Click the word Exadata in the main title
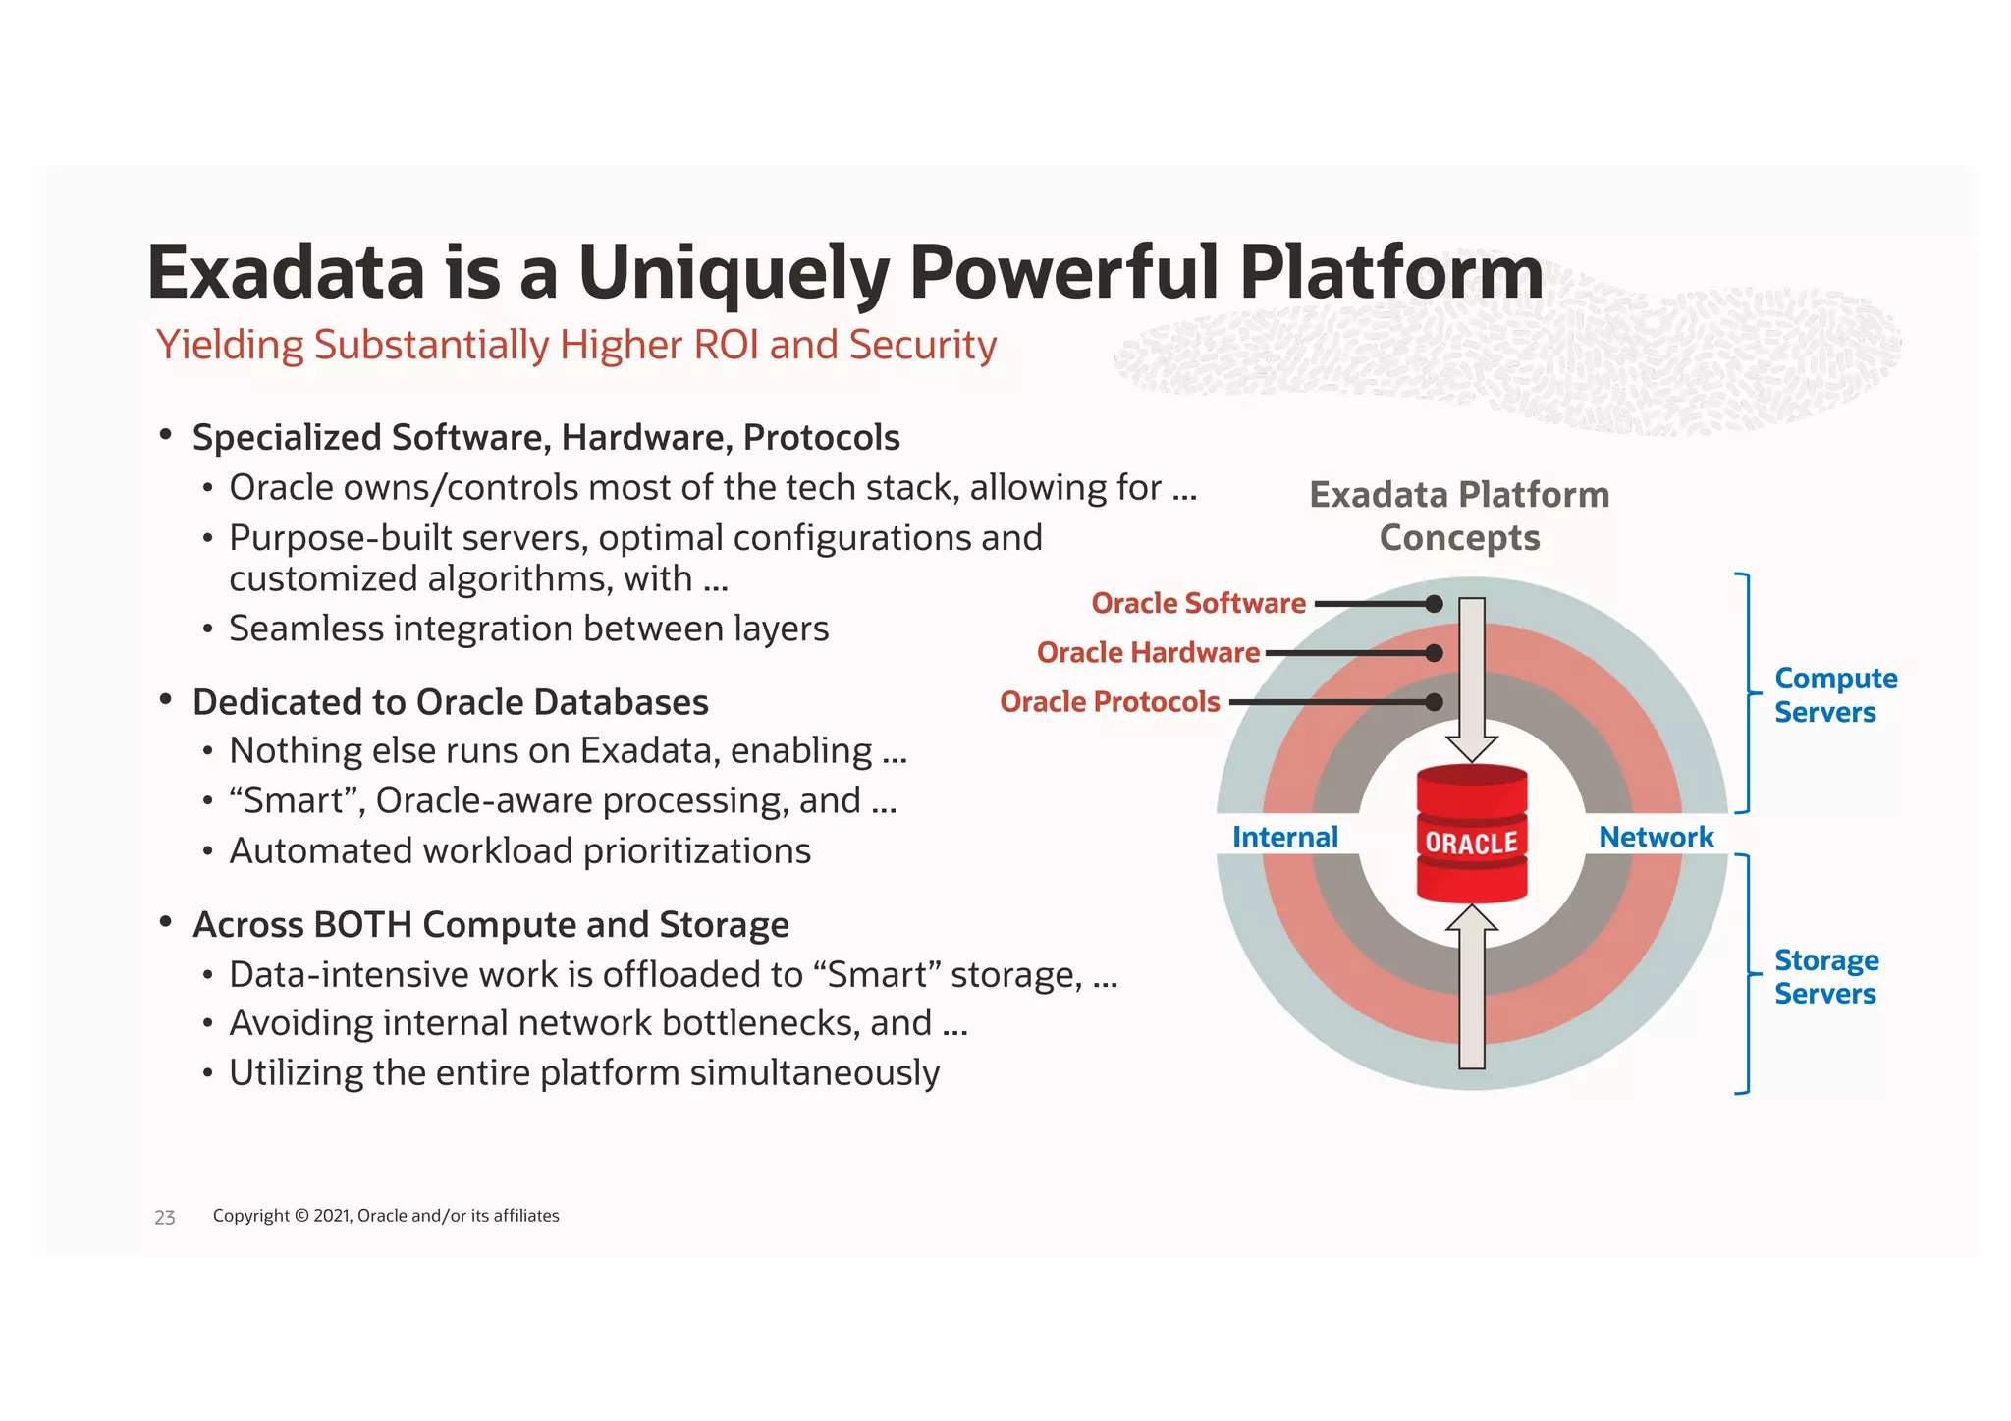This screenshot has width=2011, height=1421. pos(286,272)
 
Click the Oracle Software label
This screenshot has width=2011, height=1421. pos(1198,603)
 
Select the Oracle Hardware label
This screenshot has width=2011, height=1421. pos(1147,652)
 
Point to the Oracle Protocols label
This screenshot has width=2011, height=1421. pos(1110,702)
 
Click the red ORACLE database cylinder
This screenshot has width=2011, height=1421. pos(1471,834)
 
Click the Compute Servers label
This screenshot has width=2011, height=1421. pos(1834,694)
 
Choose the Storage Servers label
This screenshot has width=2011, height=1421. pos(1825,976)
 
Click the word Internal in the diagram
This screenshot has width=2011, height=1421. pos(1284,837)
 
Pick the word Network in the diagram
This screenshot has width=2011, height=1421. pos(1656,837)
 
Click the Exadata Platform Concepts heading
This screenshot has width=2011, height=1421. pos(1459,516)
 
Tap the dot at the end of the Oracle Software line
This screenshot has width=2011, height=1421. pos(1434,604)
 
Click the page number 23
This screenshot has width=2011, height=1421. pos(164,1218)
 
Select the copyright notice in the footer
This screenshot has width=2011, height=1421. pos(386,1216)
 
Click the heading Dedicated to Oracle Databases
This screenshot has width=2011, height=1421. pos(450,702)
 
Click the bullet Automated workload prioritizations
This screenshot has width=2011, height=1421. pos(519,850)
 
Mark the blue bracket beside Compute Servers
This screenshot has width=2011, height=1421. pos(1746,693)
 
